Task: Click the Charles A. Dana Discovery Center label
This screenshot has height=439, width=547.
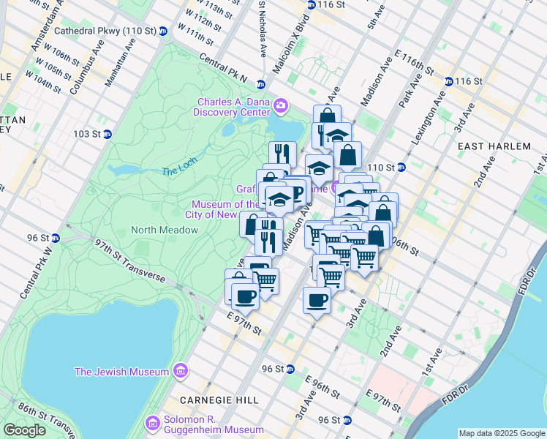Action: point(231,107)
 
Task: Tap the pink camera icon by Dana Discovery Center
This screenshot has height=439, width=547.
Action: point(280,108)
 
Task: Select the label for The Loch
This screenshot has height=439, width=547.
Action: point(179,170)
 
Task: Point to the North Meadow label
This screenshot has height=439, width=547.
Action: point(165,230)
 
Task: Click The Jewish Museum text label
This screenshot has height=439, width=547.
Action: point(121,372)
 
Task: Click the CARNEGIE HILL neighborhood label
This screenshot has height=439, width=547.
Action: point(210,401)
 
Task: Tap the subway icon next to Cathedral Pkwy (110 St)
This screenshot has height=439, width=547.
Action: point(163,31)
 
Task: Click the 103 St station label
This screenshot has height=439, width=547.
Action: point(86,134)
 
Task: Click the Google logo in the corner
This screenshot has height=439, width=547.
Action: point(25,429)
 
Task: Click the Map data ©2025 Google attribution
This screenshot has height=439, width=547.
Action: point(501,433)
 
